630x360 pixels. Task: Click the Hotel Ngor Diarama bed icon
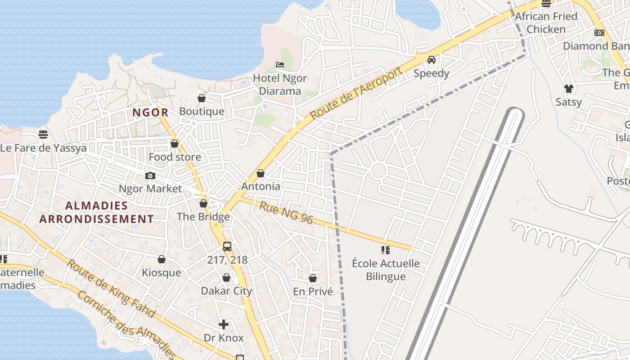pyautogui.click(x=279, y=65)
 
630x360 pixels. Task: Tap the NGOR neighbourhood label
pyautogui.click(x=150, y=112)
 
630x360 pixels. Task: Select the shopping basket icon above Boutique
pyautogui.click(x=202, y=98)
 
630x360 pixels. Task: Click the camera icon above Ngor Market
pyautogui.click(x=150, y=175)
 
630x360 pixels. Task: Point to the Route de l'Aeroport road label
pyautogui.click(x=355, y=93)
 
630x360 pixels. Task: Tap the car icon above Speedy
pyautogui.click(x=431, y=60)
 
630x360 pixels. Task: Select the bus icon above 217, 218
pyautogui.click(x=227, y=247)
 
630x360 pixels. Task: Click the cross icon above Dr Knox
pyautogui.click(x=224, y=324)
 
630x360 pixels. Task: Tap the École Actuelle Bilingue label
pyautogui.click(x=386, y=270)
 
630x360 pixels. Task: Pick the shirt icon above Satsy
pyautogui.click(x=569, y=89)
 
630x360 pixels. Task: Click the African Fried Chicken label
pyautogui.click(x=546, y=23)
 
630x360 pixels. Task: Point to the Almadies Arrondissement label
pyautogui.click(x=96, y=212)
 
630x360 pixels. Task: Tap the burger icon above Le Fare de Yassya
pyautogui.click(x=43, y=135)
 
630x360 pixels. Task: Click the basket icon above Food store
pyautogui.click(x=175, y=144)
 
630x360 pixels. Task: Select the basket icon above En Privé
pyautogui.click(x=313, y=279)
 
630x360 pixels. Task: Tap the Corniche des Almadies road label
pyautogui.click(x=126, y=325)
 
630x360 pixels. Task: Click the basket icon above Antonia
pyautogui.click(x=261, y=173)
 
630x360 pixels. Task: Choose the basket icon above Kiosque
pyautogui.click(x=162, y=260)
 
